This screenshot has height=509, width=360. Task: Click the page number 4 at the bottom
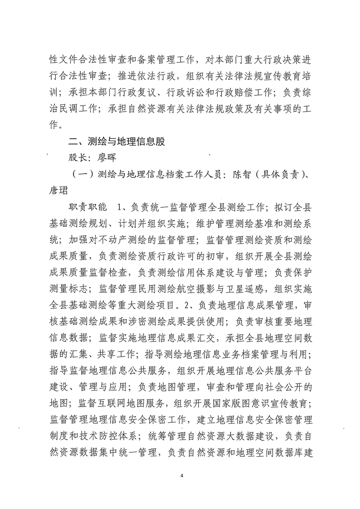pos(181,475)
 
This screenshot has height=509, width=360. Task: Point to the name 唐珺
pos(61,191)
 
